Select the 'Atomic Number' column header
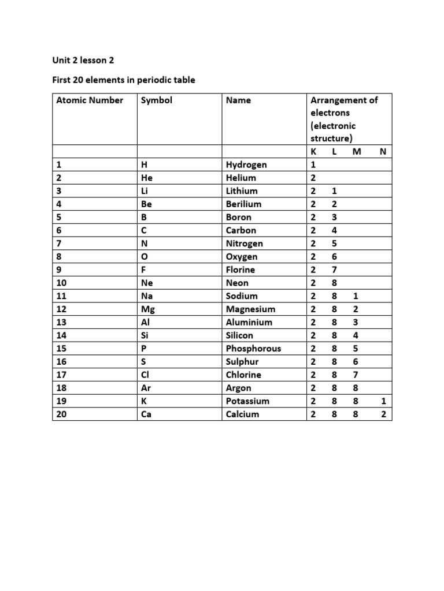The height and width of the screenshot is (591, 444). pyautogui.click(x=90, y=100)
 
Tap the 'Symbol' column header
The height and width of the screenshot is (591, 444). pyautogui.click(x=157, y=100)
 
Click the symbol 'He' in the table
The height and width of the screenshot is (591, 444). pyautogui.click(x=146, y=178)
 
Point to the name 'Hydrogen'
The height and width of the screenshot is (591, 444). pyautogui.click(x=246, y=164)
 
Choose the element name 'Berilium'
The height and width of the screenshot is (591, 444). pyautogui.click(x=243, y=204)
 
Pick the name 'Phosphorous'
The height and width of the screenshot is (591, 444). pyautogui.click(x=253, y=349)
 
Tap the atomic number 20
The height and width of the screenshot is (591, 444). pyautogui.click(x=61, y=414)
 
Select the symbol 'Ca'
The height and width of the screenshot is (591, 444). pyautogui.click(x=146, y=414)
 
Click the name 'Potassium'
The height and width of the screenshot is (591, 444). pyautogui.click(x=247, y=401)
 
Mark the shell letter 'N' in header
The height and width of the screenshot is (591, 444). pyautogui.click(x=382, y=151)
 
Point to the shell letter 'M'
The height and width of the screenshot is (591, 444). pyautogui.click(x=356, y=151)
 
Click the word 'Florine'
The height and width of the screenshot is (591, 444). pyautogui.click(x=240, y=270)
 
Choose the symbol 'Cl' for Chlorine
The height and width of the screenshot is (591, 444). pyautogui.click(x=145, y=375)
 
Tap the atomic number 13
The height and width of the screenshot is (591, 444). pyautogui.click(x=61, y=322)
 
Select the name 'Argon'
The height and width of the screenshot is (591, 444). pyautogui.click(x=239, y=388)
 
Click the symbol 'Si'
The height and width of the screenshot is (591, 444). pyautogui.click(x=145, y=335)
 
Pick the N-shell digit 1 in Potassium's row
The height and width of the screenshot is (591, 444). pyautogui.click(x=384, y=401)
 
